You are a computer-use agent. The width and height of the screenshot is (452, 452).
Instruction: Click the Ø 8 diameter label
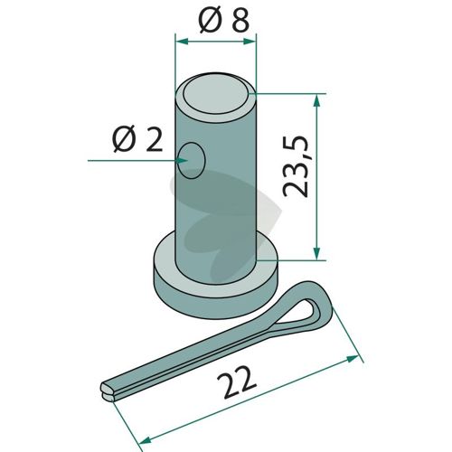224,21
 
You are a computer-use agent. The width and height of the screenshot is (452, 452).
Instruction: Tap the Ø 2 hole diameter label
137,139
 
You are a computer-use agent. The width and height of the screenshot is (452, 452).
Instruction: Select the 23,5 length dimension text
296,166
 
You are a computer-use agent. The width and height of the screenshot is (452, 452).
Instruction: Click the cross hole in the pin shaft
191,161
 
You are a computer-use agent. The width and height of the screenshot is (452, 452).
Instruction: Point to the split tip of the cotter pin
107,391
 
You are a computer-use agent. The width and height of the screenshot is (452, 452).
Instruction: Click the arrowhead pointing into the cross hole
182,161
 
